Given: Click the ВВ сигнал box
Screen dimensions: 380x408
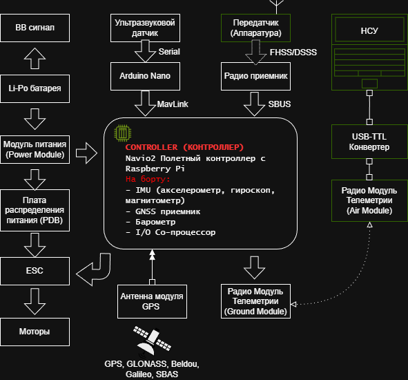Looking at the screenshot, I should (x=35, y=28).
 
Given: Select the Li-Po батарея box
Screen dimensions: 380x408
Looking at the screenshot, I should (x=35, y=88).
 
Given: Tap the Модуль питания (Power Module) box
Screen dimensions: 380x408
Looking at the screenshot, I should (x=35, y=149).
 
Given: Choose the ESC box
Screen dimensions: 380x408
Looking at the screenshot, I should (x=35, y=270).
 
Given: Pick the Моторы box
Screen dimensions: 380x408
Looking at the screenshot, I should (x=35, y=332).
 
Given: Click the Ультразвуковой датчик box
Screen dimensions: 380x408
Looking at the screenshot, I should (x=145, y=28).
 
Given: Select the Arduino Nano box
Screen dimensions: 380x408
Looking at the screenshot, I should (x=145, y=75).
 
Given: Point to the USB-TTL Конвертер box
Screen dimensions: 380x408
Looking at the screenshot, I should (x=369, y=142).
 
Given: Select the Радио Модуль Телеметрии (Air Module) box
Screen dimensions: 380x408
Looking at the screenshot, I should (x=369, y=200).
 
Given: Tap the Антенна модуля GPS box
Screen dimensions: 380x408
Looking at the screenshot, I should (x=151, y=301).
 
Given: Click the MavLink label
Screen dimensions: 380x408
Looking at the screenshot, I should (x=173, y=104).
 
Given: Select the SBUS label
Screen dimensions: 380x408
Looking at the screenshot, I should (x=280, y=104).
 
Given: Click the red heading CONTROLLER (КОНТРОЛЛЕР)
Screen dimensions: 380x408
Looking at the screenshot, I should (x=184, y=147).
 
